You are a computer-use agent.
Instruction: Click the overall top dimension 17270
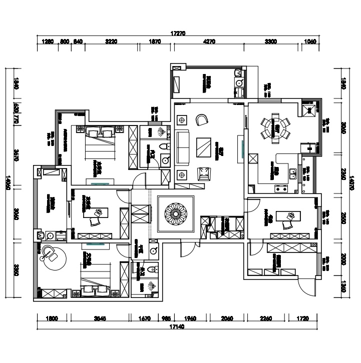point(178,34)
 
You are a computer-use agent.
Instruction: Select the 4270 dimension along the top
point(209,42)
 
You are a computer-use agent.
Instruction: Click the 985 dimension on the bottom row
point(165,318)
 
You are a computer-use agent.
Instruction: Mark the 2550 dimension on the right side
point(343,218)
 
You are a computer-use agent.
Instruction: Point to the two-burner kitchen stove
point(280,189)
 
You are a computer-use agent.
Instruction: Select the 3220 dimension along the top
point(111,42)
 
